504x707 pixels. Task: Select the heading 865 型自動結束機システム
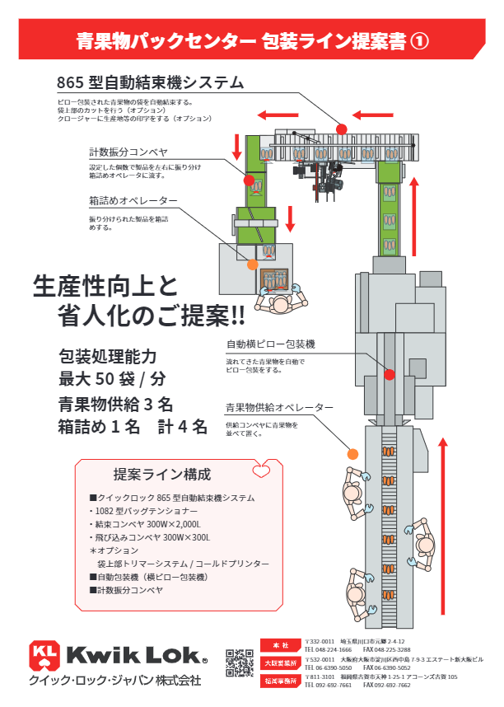point(150,83)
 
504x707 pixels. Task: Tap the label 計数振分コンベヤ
point(128,152)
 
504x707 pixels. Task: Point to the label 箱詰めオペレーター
point(133,201)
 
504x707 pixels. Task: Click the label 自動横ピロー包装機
point(271,344)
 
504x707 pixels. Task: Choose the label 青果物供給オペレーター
point(279,408)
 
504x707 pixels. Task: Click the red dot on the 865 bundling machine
point(342,128)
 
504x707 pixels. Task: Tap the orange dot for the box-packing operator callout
point(253,265)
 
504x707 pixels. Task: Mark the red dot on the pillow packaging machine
point(390,374)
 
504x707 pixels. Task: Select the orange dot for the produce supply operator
point(353,453)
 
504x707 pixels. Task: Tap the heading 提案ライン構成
point(161,475)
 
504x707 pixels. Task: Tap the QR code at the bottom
point(240,663)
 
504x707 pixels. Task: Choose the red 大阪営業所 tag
point(281,663)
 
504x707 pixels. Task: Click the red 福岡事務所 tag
point(281,681)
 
